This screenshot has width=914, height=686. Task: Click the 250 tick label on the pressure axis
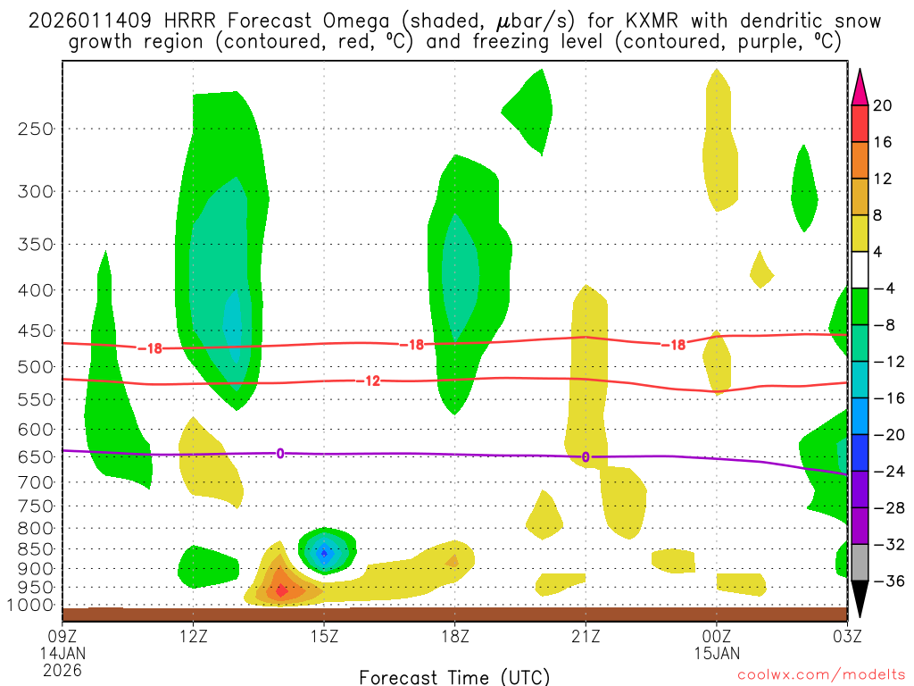coord(37,129)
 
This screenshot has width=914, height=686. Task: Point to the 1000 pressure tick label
coord(32,606)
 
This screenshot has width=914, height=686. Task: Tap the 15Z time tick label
coord(323,636)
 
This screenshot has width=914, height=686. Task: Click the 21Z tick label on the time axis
coord(586,636)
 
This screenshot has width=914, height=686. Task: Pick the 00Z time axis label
coord(717,636)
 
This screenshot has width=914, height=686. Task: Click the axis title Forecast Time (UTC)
coord(454,676)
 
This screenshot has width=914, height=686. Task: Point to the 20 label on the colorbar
coord(883,105)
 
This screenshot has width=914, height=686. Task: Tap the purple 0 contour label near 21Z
coord(586,457)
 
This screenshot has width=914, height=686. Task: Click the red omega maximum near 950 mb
coord(281,590)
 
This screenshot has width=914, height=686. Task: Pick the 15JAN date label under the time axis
coord(717,653)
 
